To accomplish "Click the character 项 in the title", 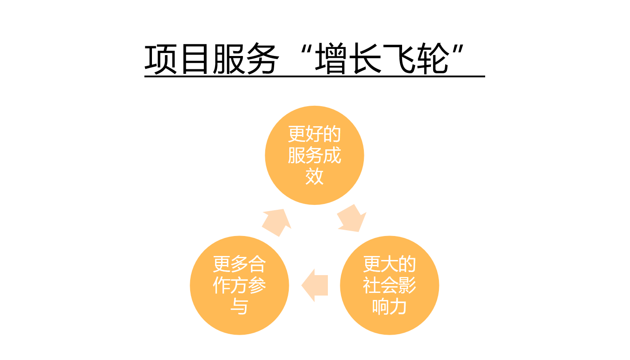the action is (x=160, y=59).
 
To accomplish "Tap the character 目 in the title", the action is (x=195, y=59).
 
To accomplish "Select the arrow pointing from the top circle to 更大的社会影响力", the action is (x=352, y=219).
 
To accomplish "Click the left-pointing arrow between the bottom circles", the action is (x=315, y=285).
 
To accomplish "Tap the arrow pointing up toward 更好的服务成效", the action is (x=276, y=223).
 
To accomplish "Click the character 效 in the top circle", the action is (x=315, y=176).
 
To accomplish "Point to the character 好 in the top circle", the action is (x=315, y=134).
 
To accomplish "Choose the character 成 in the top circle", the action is (x=332, y=155).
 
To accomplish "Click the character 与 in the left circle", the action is (x=239, y=306).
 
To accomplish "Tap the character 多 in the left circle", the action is (x=239, y=264).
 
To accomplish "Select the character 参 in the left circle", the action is (x=257, y=285).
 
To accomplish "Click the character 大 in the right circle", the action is (x=390, y=264).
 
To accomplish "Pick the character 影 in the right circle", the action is (x=407, y=285).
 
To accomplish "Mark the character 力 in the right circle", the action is (x=398, y=307).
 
